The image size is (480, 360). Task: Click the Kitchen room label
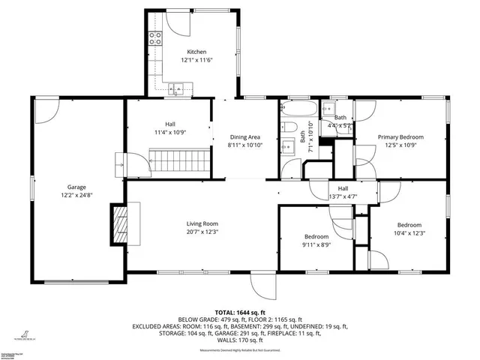(x=186, y=52)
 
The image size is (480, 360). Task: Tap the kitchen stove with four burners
(x=156, y=38)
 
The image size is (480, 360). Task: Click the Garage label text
(x=77, y=187)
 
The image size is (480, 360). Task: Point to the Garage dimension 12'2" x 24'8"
(x=77, y=195)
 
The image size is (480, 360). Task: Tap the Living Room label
(x=202, y=223)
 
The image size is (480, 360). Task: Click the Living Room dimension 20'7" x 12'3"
(x=202, y=232)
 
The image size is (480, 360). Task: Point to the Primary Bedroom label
(x=400, y=136)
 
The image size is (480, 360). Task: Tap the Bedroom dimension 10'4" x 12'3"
(x=409, y=233)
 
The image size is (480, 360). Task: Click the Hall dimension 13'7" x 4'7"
(x=343, y=196)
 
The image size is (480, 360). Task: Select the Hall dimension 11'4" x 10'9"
(x=169, y=133)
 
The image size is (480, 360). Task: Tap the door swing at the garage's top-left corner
(x=45, y=111)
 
